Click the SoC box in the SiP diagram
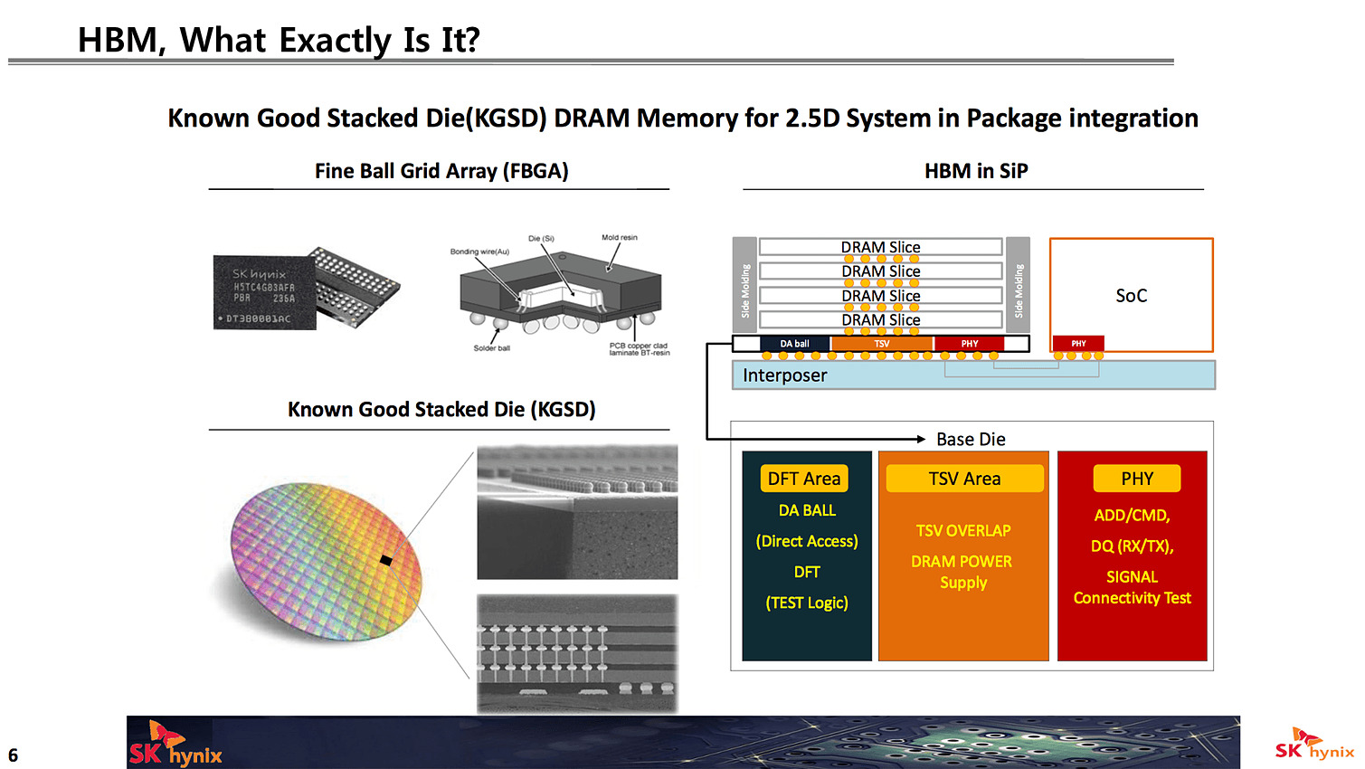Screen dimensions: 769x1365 click(x=1131, y=295)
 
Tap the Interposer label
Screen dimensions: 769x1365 click(x=784, y=375)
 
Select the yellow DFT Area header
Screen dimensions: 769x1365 click(x=804, y=479)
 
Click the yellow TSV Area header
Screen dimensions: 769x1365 click(x=964, y=479)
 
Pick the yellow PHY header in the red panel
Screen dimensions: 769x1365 click(x=1137, y=479)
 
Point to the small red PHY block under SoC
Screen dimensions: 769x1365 click(x=1078, y=344)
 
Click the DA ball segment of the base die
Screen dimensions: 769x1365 click(x=794, y=344)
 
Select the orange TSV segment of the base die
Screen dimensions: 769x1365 click(x=882, y=344)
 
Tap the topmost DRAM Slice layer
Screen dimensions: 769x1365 click(x=880, y=247)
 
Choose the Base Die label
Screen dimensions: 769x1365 click(x=971, y=439)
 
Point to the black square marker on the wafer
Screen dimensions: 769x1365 click(x=386, y=561)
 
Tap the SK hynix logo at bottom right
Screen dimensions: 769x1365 click(x=1313, y=746)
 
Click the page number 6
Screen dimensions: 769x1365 click(x=13, y=755)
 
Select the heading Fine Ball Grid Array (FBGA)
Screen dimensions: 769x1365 click(x=441, y=171)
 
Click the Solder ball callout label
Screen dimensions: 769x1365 click(x=491, y=348)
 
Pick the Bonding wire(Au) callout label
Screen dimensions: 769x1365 click(x=479, y=252)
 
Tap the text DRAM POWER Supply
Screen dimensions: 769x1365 click(x=962, y=572)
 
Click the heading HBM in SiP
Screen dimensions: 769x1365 click(x=976, y=171)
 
